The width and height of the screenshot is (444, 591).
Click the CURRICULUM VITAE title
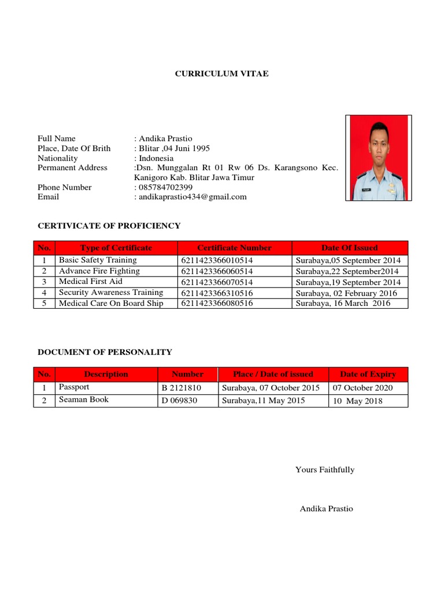pos(222,74)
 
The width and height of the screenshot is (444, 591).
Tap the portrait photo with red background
pos(378,158)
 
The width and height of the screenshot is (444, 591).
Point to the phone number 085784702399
pos(166,187)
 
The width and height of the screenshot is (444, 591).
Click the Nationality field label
pos(57,158)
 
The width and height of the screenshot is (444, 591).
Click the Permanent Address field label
pos(72,168)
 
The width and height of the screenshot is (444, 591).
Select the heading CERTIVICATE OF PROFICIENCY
pos(109,226)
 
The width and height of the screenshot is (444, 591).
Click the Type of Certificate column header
pos(116,248)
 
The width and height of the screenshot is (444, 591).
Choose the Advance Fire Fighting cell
pos(99,271)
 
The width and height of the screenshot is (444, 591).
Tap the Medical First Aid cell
pos(91,282)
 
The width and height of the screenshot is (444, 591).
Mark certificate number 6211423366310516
pos(217,293)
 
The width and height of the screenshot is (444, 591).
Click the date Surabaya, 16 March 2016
pos(343,304)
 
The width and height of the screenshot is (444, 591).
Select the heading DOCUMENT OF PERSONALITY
pos(105,352)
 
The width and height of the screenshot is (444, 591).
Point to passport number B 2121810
pos(182,388)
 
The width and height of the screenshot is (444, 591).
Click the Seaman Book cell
pos(84,399)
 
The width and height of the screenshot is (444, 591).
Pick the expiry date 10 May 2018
pos(357,401)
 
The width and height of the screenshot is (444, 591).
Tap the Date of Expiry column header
pos(368,374)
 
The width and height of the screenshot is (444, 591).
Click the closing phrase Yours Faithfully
pos(325,470)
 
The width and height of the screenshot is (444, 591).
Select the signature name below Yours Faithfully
pos(326,508)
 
